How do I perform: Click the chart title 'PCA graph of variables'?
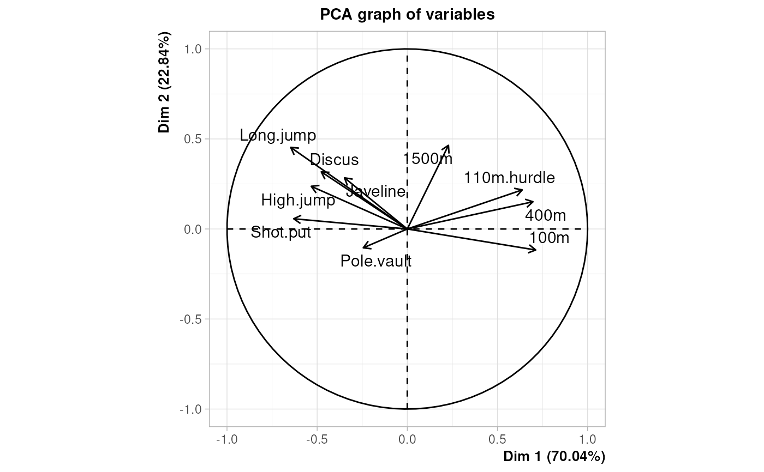(x=407, y=15)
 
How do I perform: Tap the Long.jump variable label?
(x=278, y=135)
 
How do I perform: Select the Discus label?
(x=334, y=160)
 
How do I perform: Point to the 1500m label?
(x=428, y=159)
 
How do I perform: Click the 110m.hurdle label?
(x=509, y=178)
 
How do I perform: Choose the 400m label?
(x=545, y=215)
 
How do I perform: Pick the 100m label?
(x=549, y=238)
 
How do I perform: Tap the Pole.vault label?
(x=375, y=261)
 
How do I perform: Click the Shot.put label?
(x=280, y=233)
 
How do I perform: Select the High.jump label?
(x=298, y=201)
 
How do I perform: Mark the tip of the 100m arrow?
(x=536, y=250)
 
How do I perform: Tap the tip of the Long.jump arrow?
(x=290, y=147)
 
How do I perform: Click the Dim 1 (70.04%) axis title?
(x=554, y=456)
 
